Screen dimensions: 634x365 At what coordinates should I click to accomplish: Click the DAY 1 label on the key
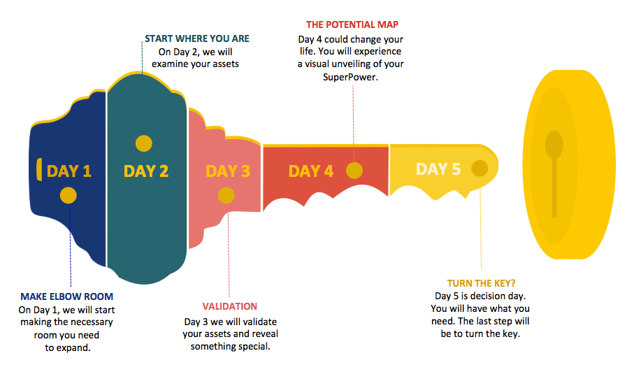(x=69, y=171)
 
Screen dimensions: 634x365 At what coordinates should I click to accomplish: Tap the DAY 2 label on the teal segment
(x=146, y=171)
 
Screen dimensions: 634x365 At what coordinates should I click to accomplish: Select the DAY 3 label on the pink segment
(x=228, y=171)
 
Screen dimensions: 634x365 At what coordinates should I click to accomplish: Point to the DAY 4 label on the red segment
(x=311, y=171)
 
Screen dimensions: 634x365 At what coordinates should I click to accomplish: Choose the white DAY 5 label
(x=438, y=169)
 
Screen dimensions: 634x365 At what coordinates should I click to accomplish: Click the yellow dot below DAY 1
(x=69, y=196)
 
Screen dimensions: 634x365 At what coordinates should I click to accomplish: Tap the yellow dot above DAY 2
(x=143, y=143)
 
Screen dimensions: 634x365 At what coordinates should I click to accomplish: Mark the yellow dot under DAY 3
(x=226, y=196)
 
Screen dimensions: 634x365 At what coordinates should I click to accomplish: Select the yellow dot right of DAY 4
(x=354, y=171)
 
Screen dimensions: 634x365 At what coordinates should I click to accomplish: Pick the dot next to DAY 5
(x=480, y=169)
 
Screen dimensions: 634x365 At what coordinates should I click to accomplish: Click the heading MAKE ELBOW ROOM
(x=66, y=296)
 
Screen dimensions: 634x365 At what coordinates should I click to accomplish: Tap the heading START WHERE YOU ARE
(x=197, y=38)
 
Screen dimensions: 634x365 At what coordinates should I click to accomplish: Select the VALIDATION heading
(x=230, y=306)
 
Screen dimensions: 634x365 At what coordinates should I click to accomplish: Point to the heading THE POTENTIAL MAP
(x=352, y=24)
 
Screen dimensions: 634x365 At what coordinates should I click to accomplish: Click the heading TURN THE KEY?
(x=481, y=283)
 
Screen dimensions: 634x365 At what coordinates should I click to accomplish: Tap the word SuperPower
(x=350, y=77)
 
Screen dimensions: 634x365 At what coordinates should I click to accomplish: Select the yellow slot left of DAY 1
(x=39, y=169)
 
